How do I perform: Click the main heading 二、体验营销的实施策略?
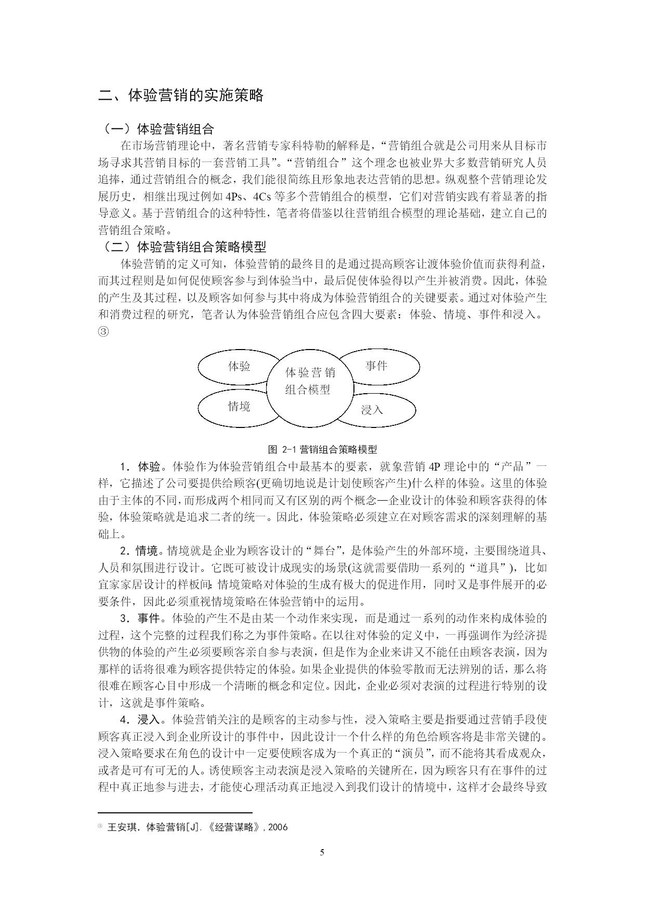(x=181, y=95)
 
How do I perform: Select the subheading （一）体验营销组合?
(x=156, y=128)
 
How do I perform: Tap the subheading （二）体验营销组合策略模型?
(x=182, y=246)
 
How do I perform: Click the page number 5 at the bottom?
(x=322, y=852)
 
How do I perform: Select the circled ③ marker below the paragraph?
(x=103, y=331)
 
